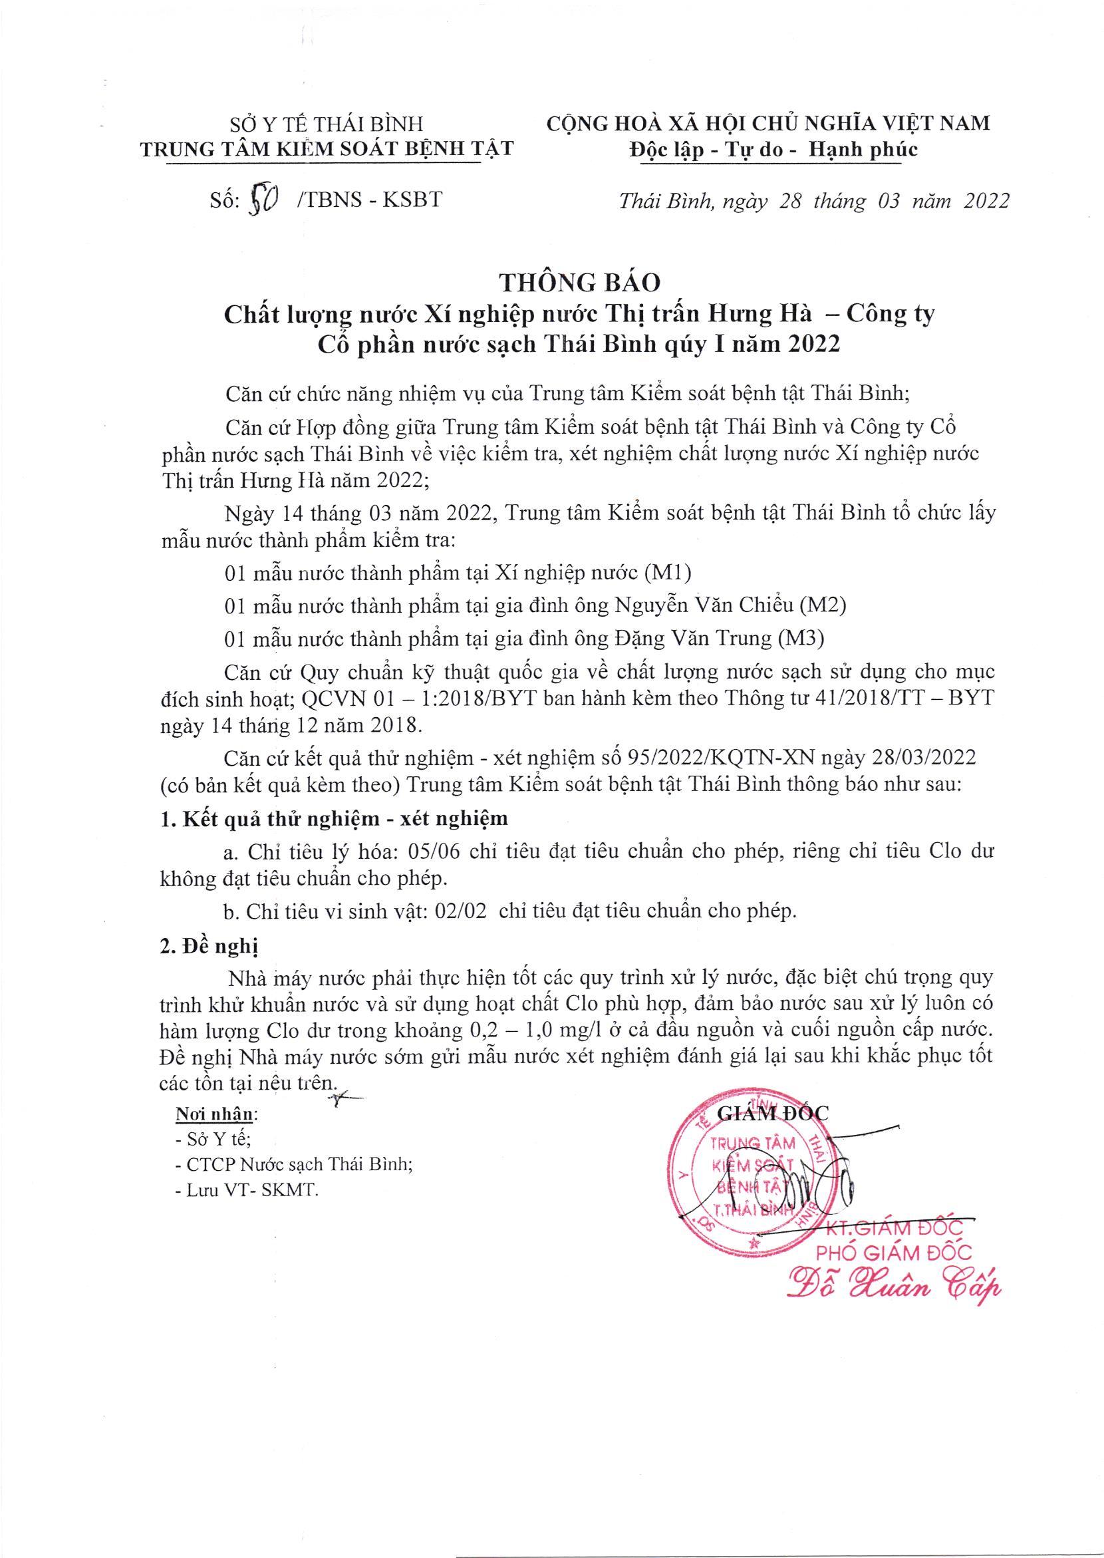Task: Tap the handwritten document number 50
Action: (x=262, y=201)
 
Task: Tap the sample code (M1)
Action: (x=667, y=573)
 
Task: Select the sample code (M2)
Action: (x=822, y=605)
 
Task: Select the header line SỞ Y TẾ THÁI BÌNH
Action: (x=325, y=124)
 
